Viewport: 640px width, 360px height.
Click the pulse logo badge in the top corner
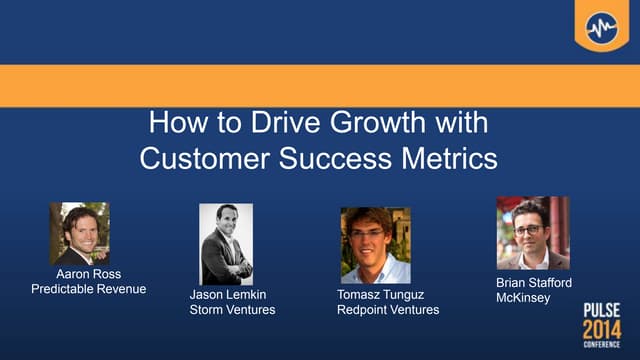click(601, 24)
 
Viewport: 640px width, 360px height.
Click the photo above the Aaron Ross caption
click(79, 233)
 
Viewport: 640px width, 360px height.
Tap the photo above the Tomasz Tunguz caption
click(375, 245)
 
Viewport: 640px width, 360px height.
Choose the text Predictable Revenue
click(89, 290)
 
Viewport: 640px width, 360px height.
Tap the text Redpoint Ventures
click(388, 310)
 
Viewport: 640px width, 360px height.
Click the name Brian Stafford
click(534, 284)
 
